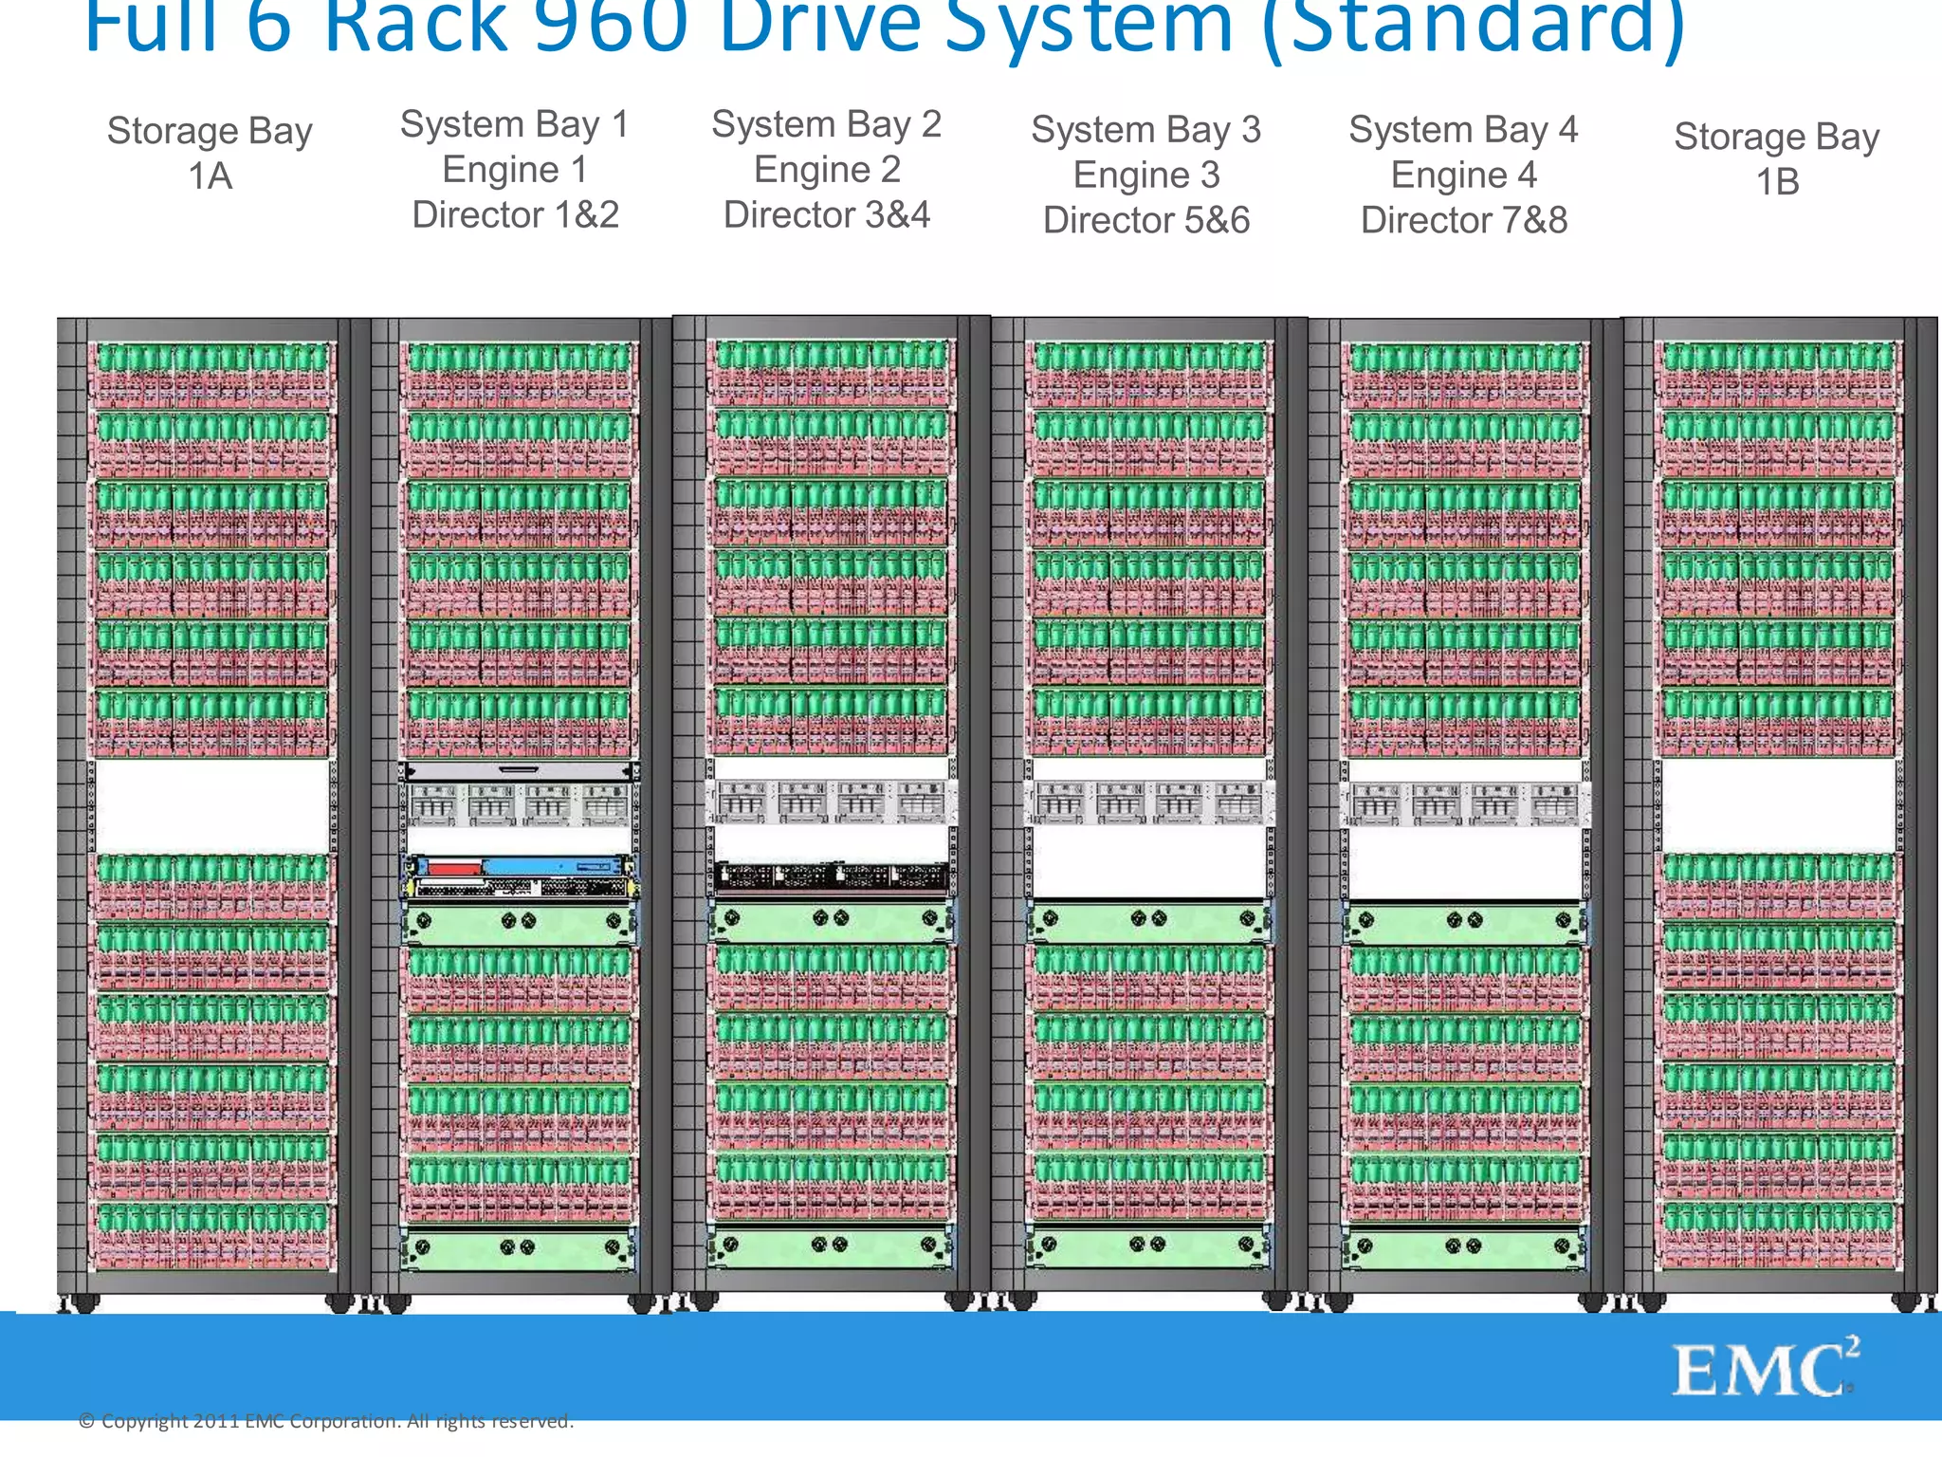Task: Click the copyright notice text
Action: pyautogui.click(x=326, y=1421)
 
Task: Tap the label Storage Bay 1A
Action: pyautogui.click(x=210, y=153)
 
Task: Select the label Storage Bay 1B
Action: pyautogui.click(x=1776, y=158)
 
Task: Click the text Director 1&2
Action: pyautogui.click(x=515, y=215)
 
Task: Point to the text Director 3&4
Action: pyautogui.click(x=826, y=215)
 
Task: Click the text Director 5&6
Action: pyautogui.click(x=1145, y=221)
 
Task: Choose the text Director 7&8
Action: pyautogui.click(x=1463, y=221)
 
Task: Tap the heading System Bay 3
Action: pyautogui.click(x=1145, y=130)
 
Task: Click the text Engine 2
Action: pyautogui.click(x=826, y=170)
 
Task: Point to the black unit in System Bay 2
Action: pyautogui.click(x=832, y=875)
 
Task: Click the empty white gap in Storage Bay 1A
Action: pyautogui.click(x=211, y=805)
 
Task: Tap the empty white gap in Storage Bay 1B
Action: pyautogui.click(x=1778, y=805)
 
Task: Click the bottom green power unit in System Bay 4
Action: pyautogui.click(x=1463, y=1246)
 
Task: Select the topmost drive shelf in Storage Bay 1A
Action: pyautogui.click(x=211, y=375)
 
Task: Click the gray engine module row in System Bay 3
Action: pyautogui.click(x=1147, y=802)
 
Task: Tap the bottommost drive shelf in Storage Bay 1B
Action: pyautogui.click(x=1778, y=1234)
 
